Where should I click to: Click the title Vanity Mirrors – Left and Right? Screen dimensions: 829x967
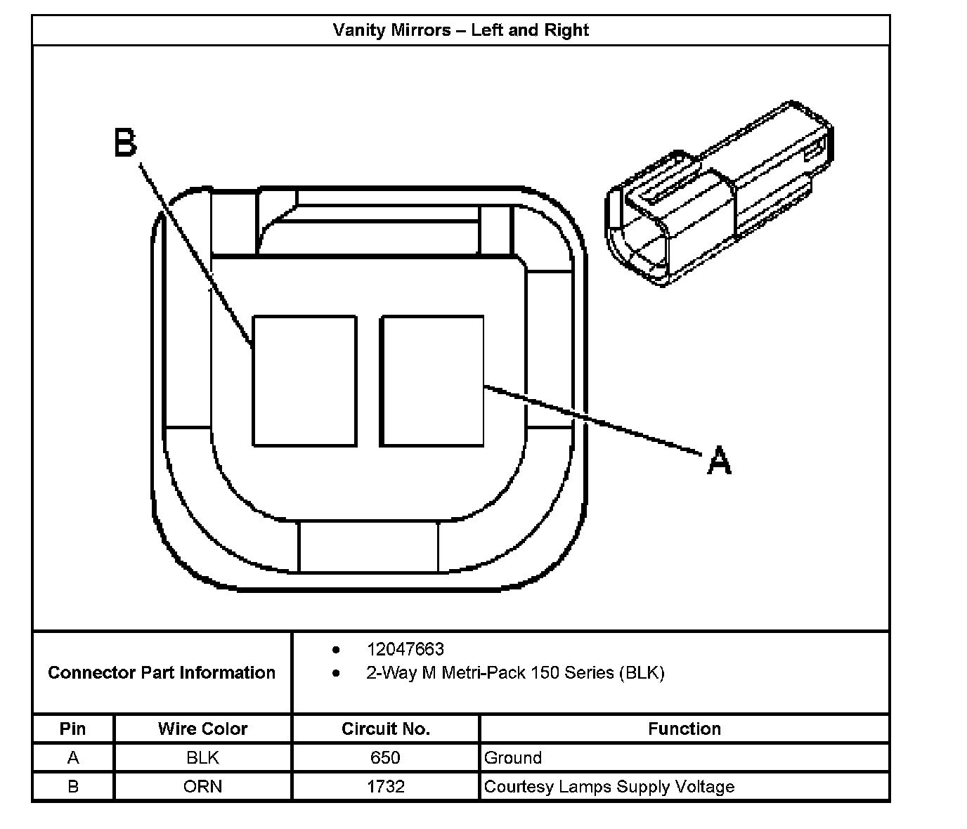tap(460, 30)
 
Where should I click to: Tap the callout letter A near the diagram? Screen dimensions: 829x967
tap(719, 461)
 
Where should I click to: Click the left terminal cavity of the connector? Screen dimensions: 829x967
tap(304, 381)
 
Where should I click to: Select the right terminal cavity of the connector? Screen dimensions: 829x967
tap(431, 381)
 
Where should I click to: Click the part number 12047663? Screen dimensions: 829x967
tap(405, 649)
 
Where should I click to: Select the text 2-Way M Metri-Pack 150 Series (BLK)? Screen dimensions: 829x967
tap(514, 673)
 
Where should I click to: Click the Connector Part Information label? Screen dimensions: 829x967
tap(162, 673)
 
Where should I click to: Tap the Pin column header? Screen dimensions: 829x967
tap(73, 729)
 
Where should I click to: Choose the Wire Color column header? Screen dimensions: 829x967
tap(202, 729)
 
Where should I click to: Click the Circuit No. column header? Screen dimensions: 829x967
tap(385, 729)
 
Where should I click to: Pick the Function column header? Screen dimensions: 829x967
tap(684, 729)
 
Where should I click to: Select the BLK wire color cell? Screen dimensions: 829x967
tap(202, 757)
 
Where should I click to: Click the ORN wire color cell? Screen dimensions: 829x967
tap(202, 786)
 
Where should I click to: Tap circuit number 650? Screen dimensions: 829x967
tap(385, 757)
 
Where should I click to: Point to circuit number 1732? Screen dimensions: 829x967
tap(385, 786)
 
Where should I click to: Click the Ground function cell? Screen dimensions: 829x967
tap(513, 757)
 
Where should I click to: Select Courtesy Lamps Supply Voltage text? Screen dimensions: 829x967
tap(609, 786)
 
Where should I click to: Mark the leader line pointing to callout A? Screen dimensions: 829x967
tap(594, 419)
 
